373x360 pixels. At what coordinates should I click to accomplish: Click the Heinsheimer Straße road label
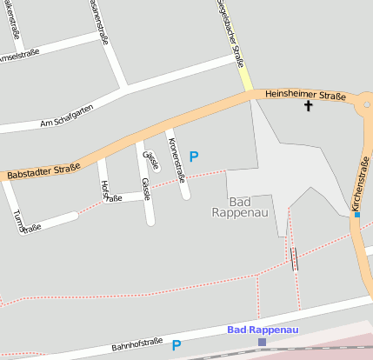[x=305, y=95]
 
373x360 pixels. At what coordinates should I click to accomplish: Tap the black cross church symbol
[x=307, y=106]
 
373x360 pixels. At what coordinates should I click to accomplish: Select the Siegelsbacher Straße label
[x=230, y=35]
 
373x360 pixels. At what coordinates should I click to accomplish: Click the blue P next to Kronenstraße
[x=194, y=157]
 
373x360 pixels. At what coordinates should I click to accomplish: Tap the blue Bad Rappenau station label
[x=262, y=330]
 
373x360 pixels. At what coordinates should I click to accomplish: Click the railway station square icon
[x=262, y=343]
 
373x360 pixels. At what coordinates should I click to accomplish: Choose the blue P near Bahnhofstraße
[x=177, y=345]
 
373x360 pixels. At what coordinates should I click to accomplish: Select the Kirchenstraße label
[x=361, y=183]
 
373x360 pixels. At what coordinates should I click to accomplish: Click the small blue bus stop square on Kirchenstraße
[x=357, y=214]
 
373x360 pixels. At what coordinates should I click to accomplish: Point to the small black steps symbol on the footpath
[x=295, y=258]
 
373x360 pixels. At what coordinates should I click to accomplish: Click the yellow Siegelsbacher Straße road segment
[x=246, y=80]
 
